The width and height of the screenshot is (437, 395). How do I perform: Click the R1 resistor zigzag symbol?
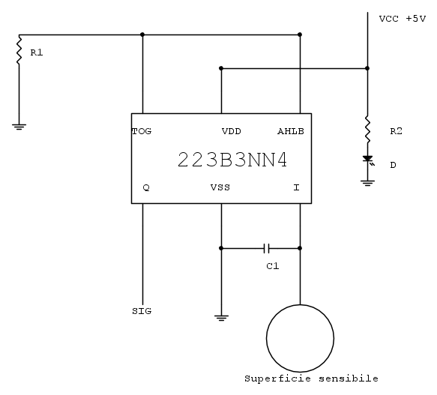[x=19, y=51]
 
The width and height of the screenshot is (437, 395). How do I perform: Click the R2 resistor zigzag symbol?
[x=367, y=130]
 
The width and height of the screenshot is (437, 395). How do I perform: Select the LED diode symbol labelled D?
[x=368, y=160]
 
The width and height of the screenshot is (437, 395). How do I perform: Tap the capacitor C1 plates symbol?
[x=266, y=248]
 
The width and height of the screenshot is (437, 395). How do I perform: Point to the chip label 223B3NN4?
[x=232, y=160]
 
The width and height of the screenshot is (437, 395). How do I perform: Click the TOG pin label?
[x=142, y=131]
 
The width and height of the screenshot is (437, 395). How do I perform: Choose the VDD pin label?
[x=232, y=131]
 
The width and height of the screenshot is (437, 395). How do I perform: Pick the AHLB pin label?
[x=291, y=131]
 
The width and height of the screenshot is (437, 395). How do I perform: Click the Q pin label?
[x=146, y=187]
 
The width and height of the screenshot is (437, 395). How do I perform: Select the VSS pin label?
[x=220, y=187]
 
